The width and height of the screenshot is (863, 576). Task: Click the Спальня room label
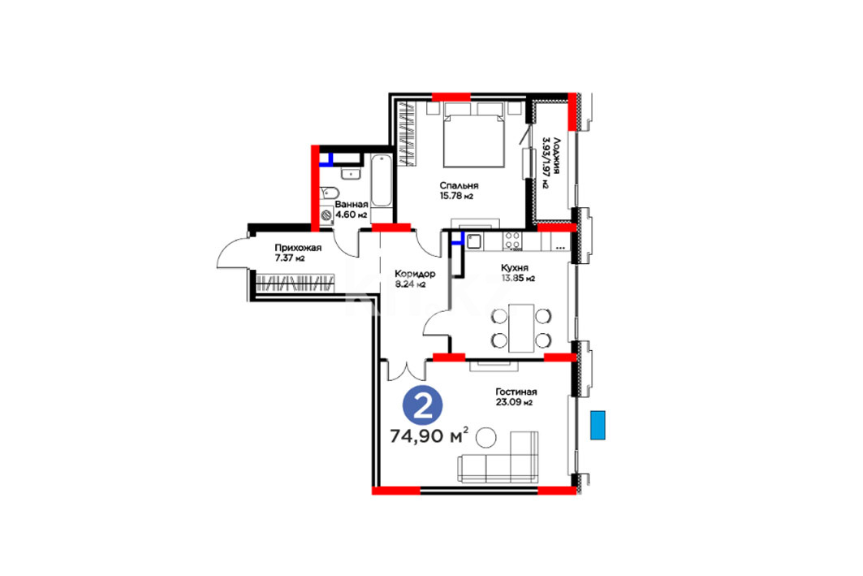[x=459, y=185]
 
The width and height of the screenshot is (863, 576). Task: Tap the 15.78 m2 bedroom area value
[x=456, y=196]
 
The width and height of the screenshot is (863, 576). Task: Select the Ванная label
[x=352, y=204]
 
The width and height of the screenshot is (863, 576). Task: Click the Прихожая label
[x=298, y=248]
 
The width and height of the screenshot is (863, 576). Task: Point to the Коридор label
[x=415, y=274]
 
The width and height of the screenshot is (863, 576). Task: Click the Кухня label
[x=514, y=267]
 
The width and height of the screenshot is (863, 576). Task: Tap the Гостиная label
[x=516, y=392]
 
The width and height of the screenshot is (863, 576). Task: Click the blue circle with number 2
[x=423, y=406]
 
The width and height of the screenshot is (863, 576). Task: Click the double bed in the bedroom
[x=474, y=135]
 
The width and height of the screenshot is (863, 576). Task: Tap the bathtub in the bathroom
[x=381, y=181]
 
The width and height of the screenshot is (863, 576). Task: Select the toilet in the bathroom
[x=330, y=193]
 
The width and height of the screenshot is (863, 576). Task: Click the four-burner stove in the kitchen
[x=511, y=240]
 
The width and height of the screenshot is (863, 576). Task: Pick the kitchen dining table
[x=520, y=328]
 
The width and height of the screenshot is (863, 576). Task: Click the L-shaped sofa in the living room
[x=498, y=457]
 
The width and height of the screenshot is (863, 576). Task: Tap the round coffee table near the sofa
[x=485, y=438]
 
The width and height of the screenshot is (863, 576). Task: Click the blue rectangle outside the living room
[x=598, y=425]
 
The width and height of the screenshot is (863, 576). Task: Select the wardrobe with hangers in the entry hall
[x=295, y=283]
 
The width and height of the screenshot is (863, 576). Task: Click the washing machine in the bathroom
[x=327, y=216]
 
